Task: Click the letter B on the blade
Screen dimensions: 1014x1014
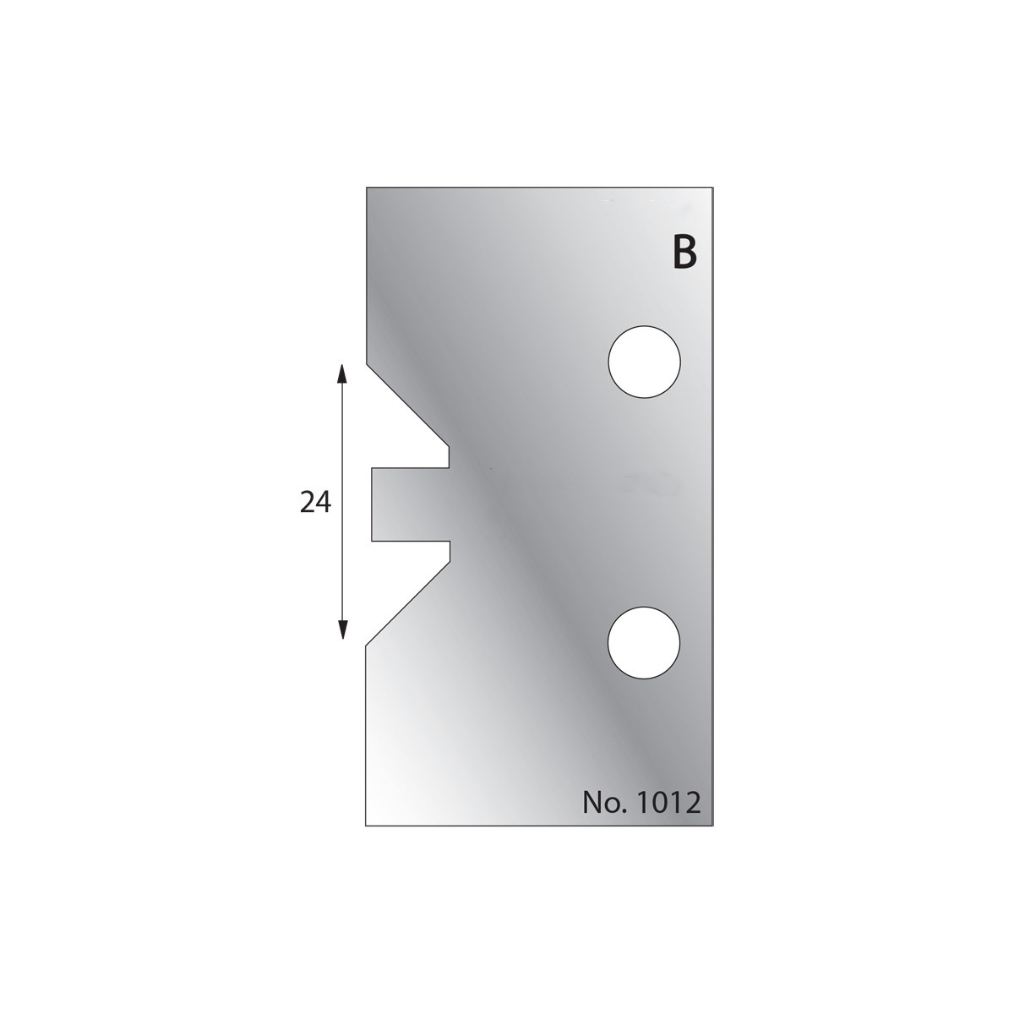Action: click(684, 253)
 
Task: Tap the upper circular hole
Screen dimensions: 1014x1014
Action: click(644, 362)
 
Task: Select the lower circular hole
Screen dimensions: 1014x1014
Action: click(644, 643)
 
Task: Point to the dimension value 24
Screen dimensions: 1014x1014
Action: click(315, 502)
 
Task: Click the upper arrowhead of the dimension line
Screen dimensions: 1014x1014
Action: click(342, 373)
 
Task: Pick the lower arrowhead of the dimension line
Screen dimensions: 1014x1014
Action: click(342, 630)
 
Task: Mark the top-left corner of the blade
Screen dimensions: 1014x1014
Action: click(366, 187)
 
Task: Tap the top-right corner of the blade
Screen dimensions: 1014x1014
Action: click(713, 187)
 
